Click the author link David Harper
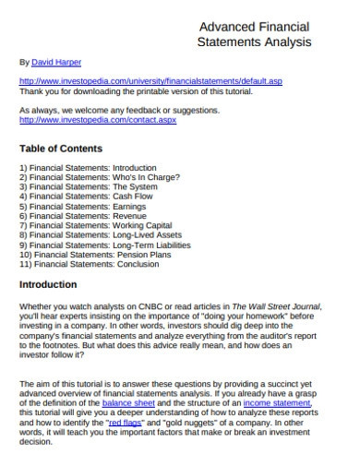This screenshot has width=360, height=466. (x=56, y=63)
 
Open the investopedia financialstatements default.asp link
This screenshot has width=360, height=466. (x=150, y=81)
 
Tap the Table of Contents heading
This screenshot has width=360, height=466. (x=61, y=148)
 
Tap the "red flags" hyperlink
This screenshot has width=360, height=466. (x=152, y=422)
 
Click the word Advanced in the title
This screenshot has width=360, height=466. (x=225, y=27)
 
